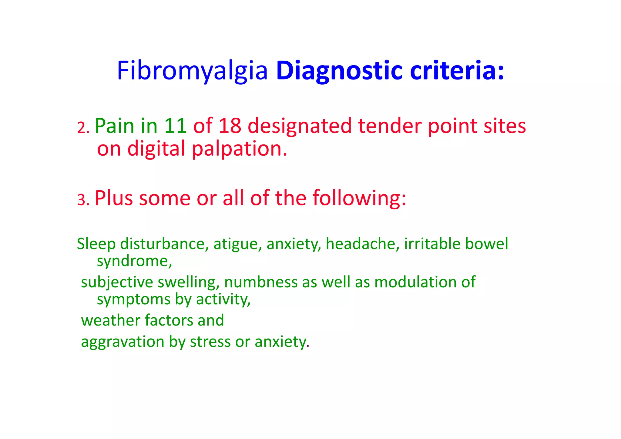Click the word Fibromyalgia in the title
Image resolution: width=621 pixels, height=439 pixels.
[x=192, y=71]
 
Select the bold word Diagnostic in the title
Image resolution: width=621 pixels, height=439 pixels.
[x=339, y=71]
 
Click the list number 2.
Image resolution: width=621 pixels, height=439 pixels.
[x=83, y=128]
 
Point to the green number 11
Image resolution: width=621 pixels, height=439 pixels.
[x=175, y=126]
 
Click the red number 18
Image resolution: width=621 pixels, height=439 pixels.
[x=230, y=126]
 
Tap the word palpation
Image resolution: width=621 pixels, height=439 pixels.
[x=239, y=149]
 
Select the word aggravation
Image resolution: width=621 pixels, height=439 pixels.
[x=123, y=342]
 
